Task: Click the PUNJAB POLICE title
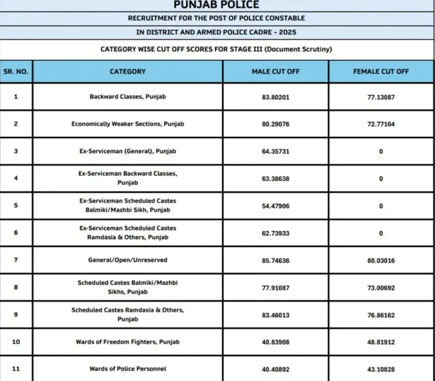[x=216, y=5]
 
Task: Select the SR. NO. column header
[x=16, y=71]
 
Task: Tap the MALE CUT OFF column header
[x=275, y=71]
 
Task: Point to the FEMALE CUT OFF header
[x=381, y=71]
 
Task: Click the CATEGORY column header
[x=127, y=71]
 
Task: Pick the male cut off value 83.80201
[x=275, y=97]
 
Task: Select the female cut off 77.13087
[x=381, y=97]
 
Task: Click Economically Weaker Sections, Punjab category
[x=127, y=124]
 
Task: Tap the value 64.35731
[x=275, y=151]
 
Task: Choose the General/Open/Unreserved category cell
[x=127, y=260]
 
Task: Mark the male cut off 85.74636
[x=275, y=260]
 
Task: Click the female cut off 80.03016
[x=381, y=260]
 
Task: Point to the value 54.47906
[x=275, y=205]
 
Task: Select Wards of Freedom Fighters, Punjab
[x=127, y=342]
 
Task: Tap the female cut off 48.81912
[x=381, y=342]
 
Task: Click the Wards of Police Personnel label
[x=127, y=369]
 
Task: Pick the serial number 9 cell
[x=16, y=315]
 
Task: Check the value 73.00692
[x=381, y=287]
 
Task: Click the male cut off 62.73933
[x=275, y=233]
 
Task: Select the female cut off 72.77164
[x=381, y=124]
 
